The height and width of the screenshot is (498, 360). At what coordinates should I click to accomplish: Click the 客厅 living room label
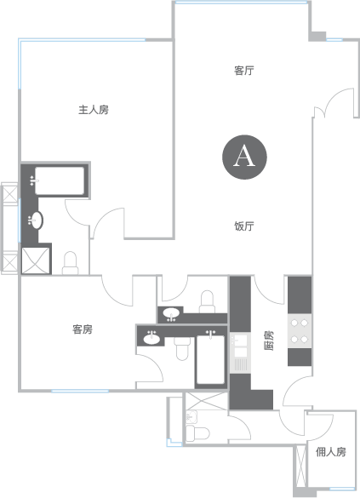[243, 71]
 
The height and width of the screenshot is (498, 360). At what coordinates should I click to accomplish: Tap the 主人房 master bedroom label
[94, 110]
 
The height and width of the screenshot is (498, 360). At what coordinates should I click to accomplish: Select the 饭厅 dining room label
[243, 226]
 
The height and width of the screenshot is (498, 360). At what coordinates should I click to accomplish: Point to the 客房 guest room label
[83, 329]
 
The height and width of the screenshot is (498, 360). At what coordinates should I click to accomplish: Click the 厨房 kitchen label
[269, 341]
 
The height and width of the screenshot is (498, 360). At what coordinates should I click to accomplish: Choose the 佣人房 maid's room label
[331, 452]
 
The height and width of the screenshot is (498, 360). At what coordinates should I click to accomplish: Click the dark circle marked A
[244, 157]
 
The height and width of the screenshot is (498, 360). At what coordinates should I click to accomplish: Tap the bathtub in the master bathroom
[60, 180]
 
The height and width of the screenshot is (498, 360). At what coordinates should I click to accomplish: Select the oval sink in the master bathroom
[36, 220]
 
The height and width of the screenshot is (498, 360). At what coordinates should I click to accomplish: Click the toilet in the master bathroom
[70, 263]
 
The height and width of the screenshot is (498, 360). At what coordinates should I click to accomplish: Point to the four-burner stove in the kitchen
[300, 331]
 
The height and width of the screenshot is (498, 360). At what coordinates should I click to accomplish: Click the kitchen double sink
[240, 345]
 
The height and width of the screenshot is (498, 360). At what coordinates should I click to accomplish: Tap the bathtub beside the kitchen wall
[210, 359]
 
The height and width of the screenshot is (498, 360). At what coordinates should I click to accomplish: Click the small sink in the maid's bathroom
[191, 416]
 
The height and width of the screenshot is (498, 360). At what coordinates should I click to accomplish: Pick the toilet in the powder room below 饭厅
[207, 301]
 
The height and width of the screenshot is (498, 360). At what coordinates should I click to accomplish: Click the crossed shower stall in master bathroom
[36, 260]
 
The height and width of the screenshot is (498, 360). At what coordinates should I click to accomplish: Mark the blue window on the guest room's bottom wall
[80, 391]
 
